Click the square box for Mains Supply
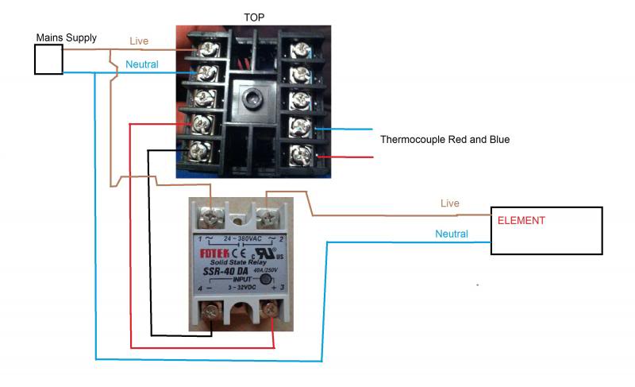(x=48, y=60)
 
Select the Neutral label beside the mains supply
(x=143, y=64)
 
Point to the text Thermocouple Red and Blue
(x=444, y=139)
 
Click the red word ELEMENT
(x=521, y=219)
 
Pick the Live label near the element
(x=449, y=203)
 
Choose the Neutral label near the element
(x=452, y=234)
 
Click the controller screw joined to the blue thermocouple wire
(x=299, y=127)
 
